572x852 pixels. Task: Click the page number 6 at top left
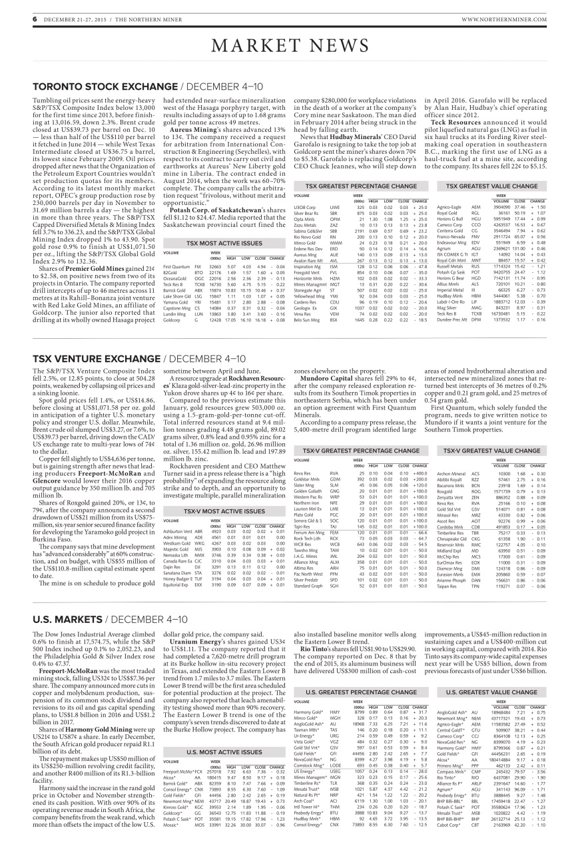click(34, 19)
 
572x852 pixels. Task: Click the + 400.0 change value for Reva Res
click(419, 454)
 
